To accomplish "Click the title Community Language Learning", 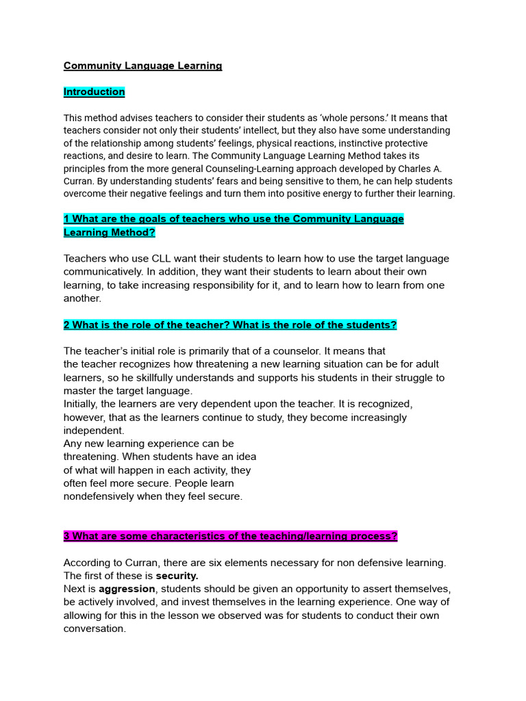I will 142,66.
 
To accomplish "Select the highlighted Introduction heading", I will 94,92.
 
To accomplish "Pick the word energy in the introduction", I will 336,194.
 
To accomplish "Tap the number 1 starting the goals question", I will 66,219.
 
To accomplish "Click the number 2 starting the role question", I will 66,324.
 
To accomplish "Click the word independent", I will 94,431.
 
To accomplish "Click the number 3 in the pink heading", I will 66,537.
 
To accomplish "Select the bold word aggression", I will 127,589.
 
